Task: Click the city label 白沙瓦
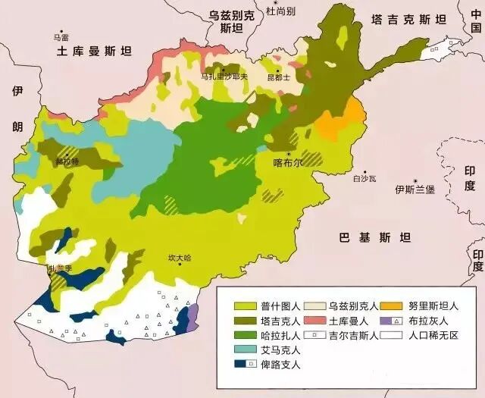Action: [365, 179]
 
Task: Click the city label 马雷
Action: [60, 36]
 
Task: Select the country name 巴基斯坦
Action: [374, 238]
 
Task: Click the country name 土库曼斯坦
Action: [94, 52]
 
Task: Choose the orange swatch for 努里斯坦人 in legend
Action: [390, 306]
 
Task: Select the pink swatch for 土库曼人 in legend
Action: [314, 321]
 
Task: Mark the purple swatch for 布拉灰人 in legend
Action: [390, 321]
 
